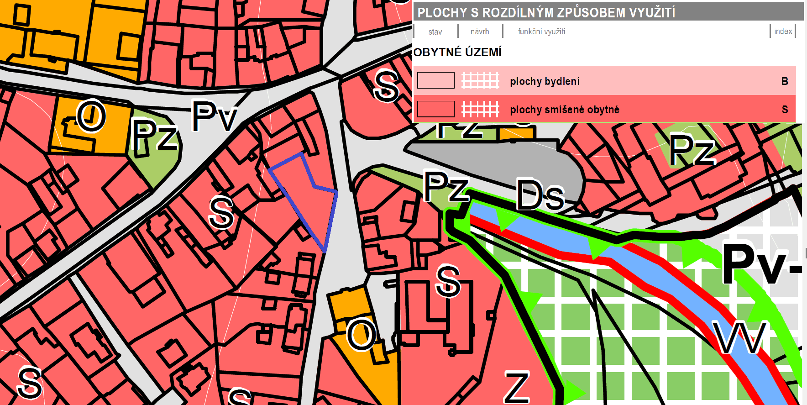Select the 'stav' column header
435,32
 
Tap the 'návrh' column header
479,32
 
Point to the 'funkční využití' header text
541,32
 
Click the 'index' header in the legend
783,31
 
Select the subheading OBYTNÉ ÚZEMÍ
457,52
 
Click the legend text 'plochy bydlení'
545,81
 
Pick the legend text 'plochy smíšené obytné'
565,110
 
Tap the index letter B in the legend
785,81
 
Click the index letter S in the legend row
785,110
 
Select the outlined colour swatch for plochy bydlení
436,81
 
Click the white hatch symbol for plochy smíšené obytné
480,110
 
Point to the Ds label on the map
540,195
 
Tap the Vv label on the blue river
739,338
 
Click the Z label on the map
517,387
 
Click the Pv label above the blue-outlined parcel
214,116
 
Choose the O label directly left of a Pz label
91,116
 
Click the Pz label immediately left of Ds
445,186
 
